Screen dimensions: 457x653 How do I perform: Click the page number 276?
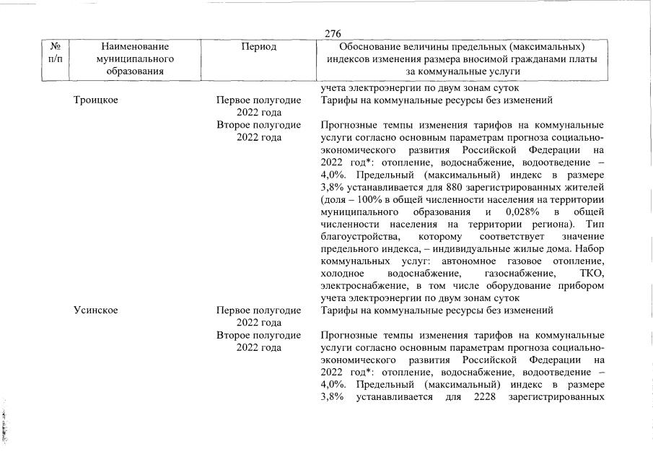pyautogui.click(x=333, y=34)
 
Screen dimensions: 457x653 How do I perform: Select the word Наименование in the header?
pyautogui.click(x=127, y=47)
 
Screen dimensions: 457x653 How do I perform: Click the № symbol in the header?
pyautogui.click(x=56, y=47)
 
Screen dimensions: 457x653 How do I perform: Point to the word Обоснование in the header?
pyautogui.click(x=361, y=47)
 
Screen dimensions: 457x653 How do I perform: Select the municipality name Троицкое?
pyautogui.click(x=95, y=100)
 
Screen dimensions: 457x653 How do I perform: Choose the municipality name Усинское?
pyautogui.click(x=95, y=310)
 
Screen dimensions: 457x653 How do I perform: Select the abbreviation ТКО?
pyautogui.click(x=591, y=274)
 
